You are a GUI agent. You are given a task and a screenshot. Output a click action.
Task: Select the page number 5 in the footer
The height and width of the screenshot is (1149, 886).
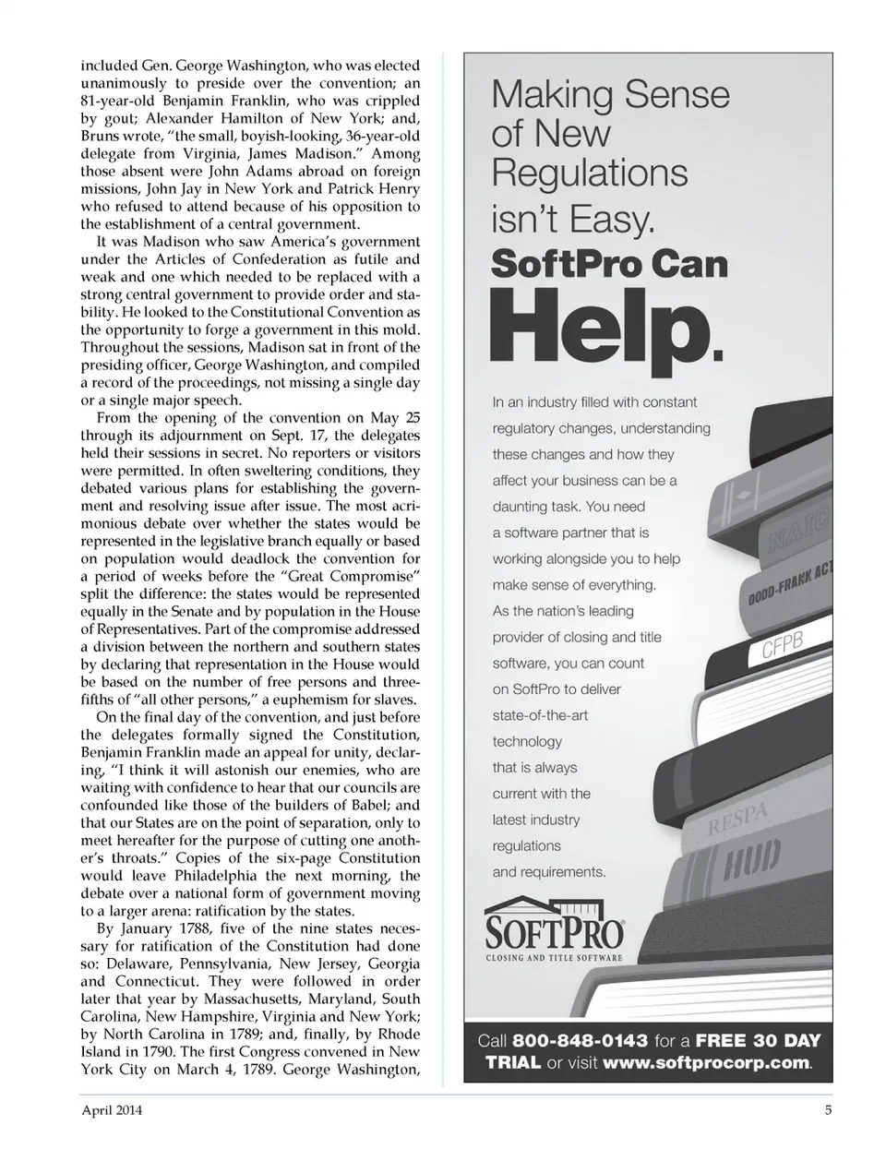coord(828,1110)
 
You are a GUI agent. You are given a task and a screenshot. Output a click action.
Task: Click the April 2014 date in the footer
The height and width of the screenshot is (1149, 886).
coord(112,1110)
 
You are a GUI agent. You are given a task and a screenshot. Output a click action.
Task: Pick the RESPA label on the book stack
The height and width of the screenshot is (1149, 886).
coord(737,818)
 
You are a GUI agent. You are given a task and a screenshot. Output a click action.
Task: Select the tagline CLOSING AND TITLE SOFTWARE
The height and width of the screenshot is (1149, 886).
coord(554,958)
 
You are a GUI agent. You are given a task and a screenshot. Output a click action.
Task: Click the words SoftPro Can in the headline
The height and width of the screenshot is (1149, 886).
coord(609,265)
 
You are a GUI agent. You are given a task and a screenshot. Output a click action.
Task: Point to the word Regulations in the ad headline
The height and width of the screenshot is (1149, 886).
coord(589,174)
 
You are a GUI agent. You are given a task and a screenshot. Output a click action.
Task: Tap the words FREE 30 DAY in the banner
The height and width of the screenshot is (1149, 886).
coord(758,1040)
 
